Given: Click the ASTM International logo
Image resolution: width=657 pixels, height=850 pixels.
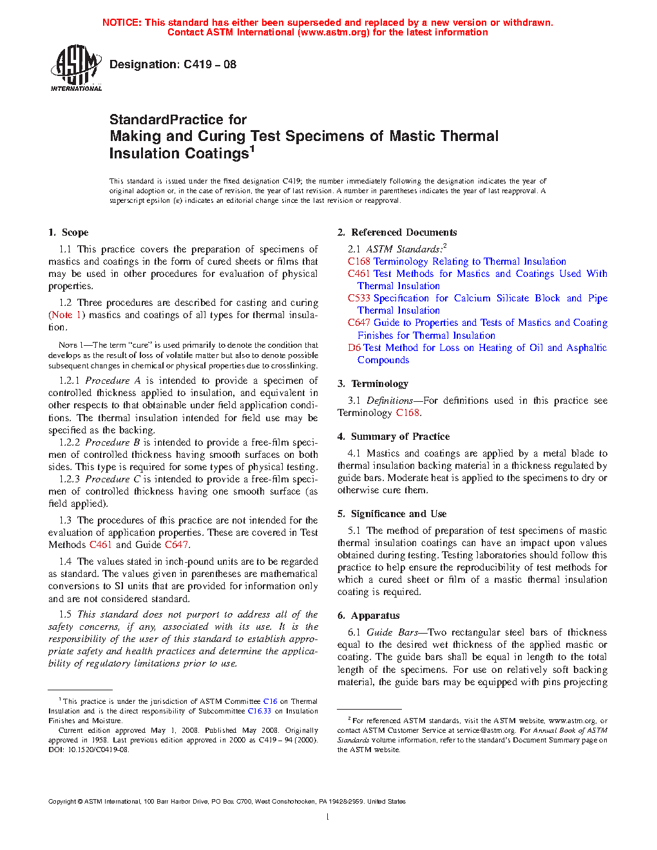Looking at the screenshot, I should click(75, 67).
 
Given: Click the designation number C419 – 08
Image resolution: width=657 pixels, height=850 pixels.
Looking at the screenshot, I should click(210, 64).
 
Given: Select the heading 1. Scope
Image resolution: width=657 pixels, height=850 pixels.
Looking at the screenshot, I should click(68, 232).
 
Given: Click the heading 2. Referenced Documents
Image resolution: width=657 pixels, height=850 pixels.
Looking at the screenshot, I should click(397, 232).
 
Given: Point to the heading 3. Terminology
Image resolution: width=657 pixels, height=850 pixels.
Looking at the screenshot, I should click(373, 384).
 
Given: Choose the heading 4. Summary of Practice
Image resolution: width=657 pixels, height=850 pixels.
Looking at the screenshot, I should click(394, 437).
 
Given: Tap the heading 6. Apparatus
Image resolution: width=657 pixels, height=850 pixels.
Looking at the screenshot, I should click(368, 616).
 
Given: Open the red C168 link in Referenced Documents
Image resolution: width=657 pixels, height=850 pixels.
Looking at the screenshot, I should click(359, 261).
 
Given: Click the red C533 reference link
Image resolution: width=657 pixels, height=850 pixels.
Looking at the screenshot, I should click(359, 298).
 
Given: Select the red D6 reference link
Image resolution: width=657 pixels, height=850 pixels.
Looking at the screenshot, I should click(354, 348).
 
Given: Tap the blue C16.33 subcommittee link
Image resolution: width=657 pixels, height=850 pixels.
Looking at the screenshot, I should click(259, 711).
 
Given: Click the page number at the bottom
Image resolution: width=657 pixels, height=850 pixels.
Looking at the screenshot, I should click(328, 817).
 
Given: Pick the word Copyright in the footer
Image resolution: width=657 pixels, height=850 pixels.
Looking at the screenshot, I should click(62, 802).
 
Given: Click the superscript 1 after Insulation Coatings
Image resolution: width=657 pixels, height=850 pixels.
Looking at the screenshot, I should click(252, 149).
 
